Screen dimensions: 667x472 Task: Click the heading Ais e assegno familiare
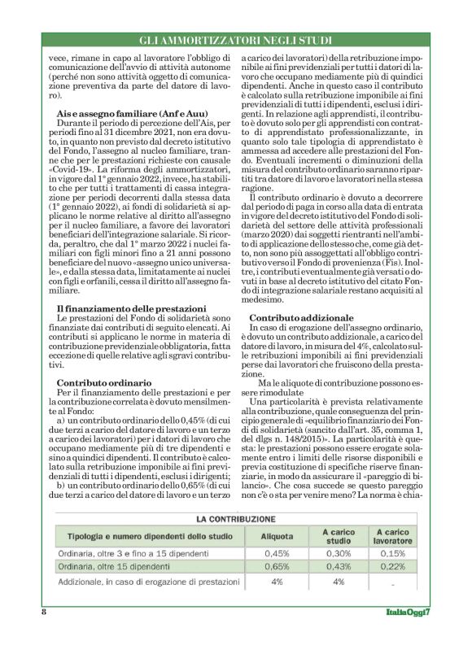(x=121, y=113)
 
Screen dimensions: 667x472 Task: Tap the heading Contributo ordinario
(x=104, y=381)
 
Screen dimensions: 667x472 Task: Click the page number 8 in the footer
(x=43, y=612)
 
